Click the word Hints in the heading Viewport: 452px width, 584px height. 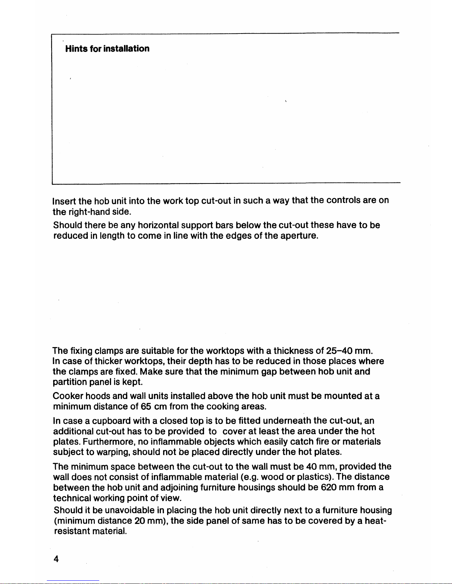[76, 49]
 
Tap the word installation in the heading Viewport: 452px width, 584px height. [127, 49]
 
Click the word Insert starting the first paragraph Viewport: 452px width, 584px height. [64, 201]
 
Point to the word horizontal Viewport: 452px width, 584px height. [158, 225]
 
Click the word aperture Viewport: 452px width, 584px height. [299, 235]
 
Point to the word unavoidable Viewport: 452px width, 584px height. [130, 510]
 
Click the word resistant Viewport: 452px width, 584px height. [72, 531]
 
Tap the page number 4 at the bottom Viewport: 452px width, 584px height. [56, 559]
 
